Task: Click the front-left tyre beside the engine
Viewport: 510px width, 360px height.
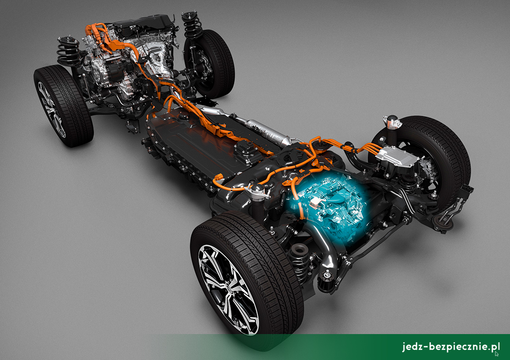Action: pos(63,105)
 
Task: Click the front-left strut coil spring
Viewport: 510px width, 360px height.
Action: pos(69,51)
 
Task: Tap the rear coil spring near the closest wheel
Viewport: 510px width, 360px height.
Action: pos(299,260)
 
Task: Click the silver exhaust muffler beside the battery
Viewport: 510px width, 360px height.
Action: pos(264,131)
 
